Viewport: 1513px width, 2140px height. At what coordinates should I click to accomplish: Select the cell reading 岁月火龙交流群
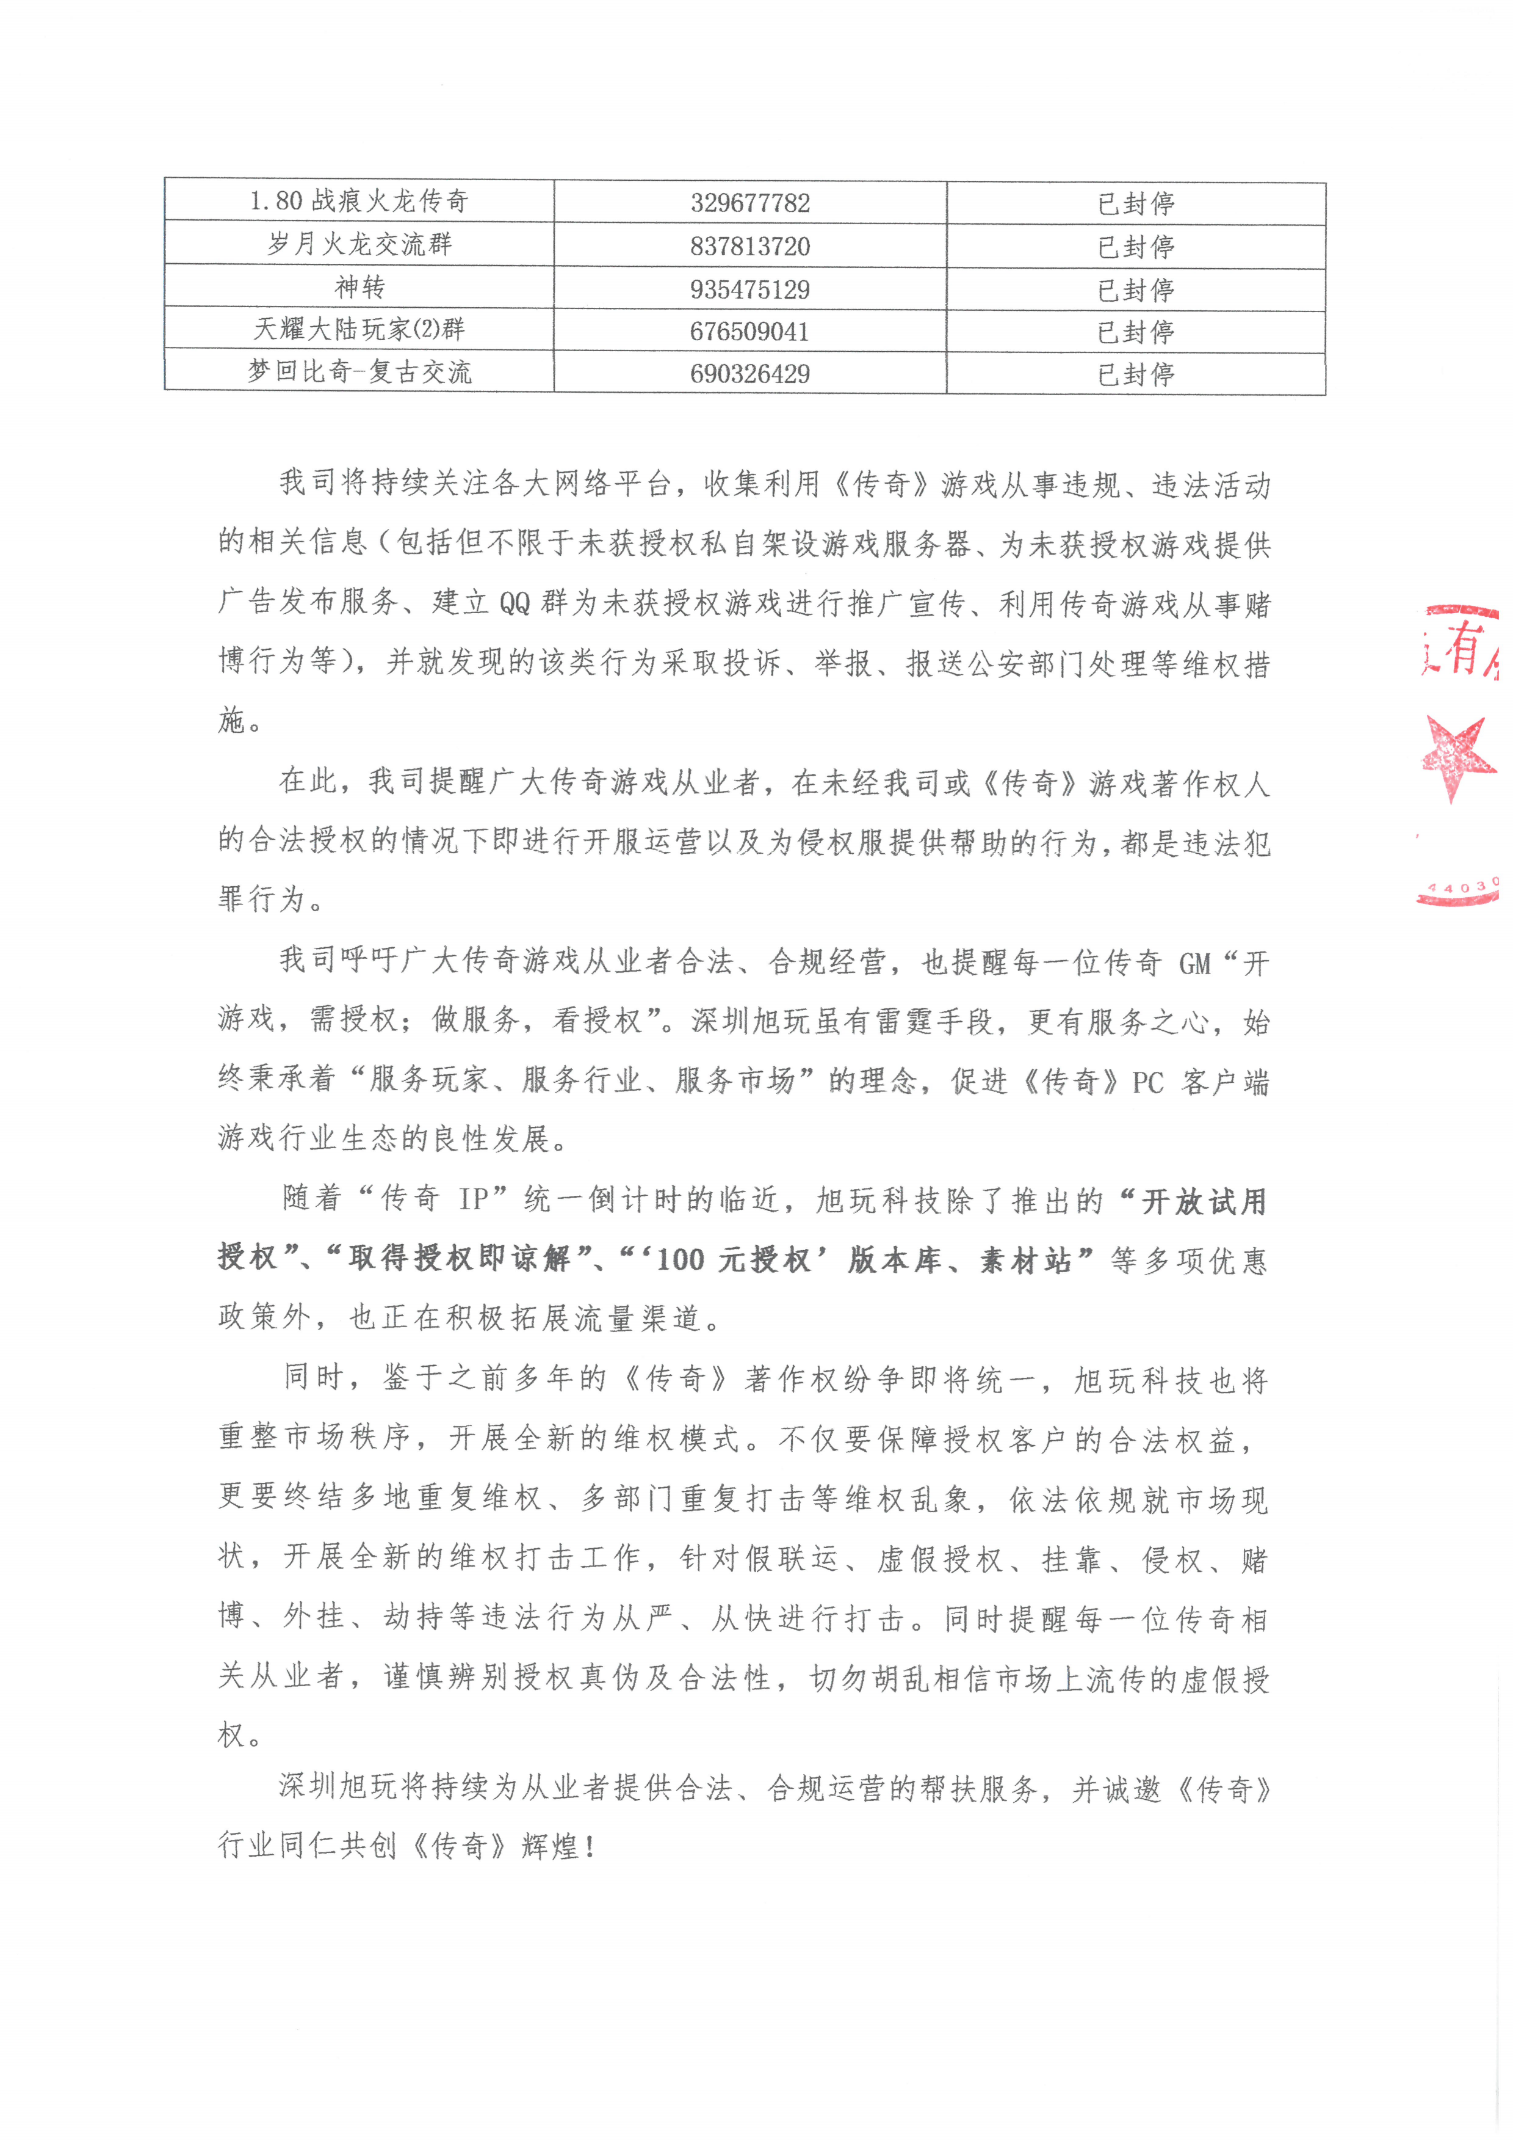(359, 244)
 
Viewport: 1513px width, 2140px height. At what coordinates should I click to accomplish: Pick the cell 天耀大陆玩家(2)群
(359, 329)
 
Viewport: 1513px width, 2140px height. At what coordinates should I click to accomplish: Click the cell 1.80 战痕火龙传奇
(359, 200)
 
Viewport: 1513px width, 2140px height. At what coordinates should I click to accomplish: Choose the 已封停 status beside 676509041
(1136, 332)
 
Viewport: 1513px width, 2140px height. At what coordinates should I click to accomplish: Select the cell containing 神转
(359, 287)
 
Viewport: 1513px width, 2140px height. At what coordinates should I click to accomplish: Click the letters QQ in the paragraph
(515, 604)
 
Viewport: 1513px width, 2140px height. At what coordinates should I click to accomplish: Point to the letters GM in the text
(1194, 963)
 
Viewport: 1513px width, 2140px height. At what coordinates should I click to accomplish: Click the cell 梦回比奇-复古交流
(359, 372)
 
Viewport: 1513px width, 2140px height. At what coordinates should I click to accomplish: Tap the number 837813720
(750, 247)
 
